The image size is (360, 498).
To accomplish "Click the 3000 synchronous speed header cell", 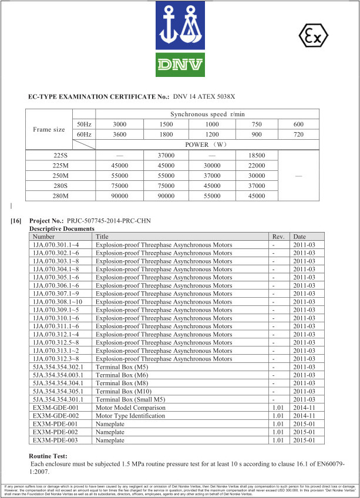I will point(119,124).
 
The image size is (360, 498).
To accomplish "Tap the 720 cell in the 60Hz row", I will point(298,134).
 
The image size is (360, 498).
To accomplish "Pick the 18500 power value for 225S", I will point(256,155).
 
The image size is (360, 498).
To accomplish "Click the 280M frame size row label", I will point(61,196).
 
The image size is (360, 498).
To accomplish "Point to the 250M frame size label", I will point(61,176).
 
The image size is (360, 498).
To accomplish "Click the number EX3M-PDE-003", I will point(56,440).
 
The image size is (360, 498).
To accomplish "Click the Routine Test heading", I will point(48,456).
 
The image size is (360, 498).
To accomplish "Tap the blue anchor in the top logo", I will point(168,23).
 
